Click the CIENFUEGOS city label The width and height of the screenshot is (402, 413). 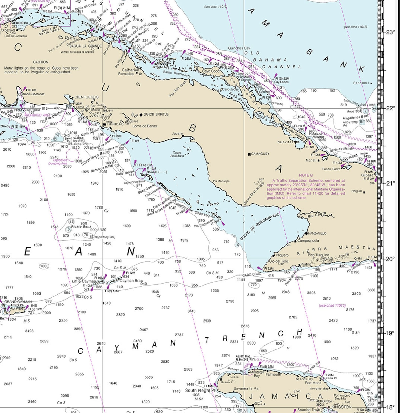point(86,97)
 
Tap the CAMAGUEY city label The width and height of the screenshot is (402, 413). point(260,154)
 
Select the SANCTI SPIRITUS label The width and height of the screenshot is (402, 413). point(156,114)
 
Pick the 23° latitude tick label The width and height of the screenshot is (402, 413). point(390,32)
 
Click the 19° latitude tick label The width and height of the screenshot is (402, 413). point(390,333)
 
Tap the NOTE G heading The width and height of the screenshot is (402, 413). point(306,175)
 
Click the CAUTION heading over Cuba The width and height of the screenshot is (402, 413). point(41,62)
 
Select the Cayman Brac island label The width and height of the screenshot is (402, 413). point(131,281)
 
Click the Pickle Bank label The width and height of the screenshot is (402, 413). point(81,226)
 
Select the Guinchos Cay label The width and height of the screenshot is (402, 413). point(239,48)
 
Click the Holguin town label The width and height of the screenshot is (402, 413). point(357,191)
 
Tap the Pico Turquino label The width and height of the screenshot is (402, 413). point(318,255)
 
